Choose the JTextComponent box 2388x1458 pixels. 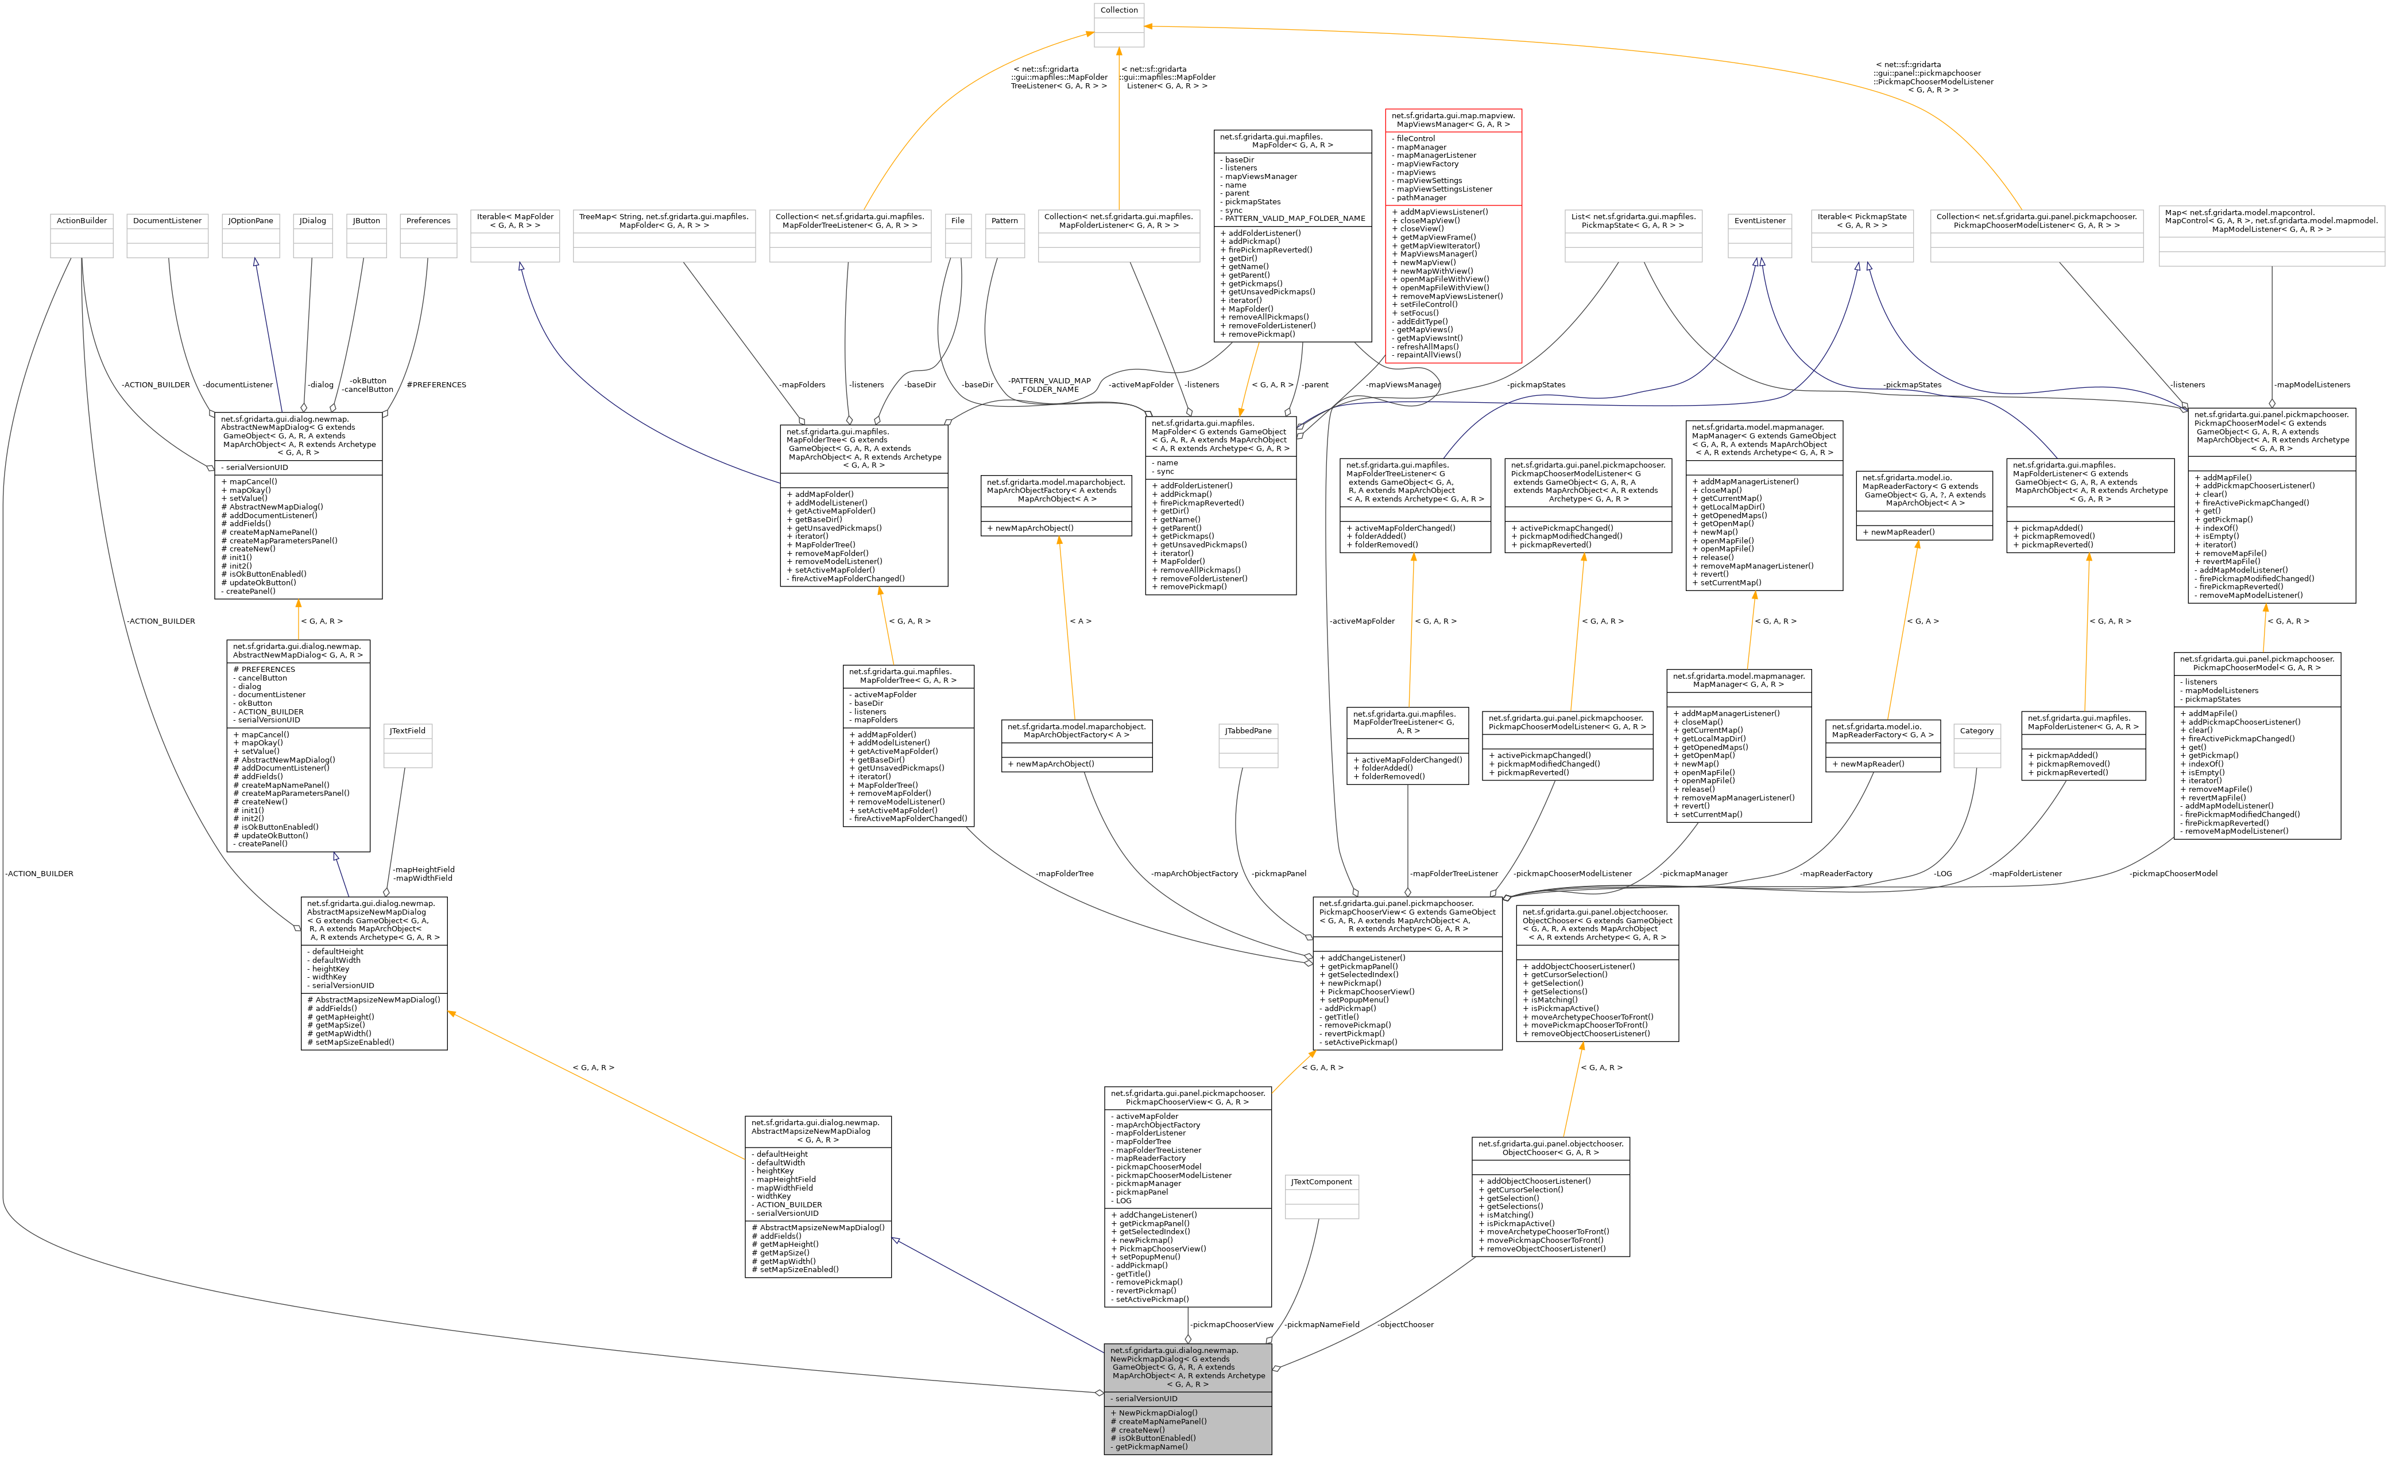pos(1321,1196)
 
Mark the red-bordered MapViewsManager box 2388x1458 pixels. pos(1453,235)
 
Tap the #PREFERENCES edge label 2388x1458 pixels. pos(436,384)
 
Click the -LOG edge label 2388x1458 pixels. pos(1942,874)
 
